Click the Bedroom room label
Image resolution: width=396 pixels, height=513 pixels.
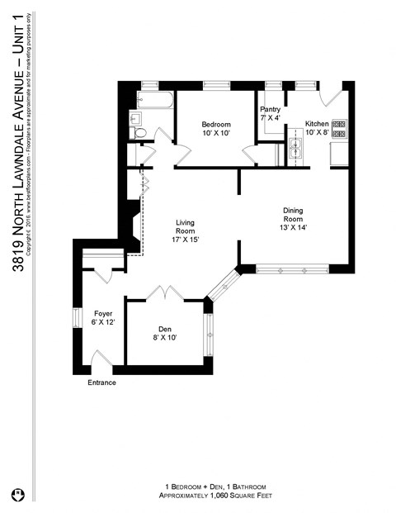click(215, 124)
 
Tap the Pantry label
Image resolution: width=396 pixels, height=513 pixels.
click(271, 109)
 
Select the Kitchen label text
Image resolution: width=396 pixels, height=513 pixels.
click(317, 122)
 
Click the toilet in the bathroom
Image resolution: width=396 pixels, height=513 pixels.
click(139, 132)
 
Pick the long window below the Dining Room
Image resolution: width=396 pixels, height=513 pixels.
click(293, 269)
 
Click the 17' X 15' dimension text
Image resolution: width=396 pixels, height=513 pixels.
click(185, 239)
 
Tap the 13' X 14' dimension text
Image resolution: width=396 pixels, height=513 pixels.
click(293, 227)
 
